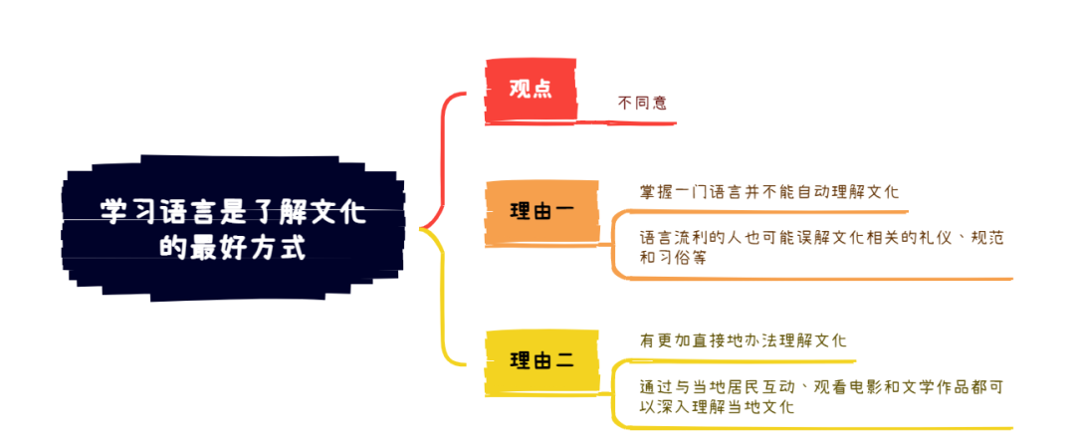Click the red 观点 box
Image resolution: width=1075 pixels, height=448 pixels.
point(531,90)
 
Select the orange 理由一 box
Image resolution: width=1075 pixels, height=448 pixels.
point(540,211)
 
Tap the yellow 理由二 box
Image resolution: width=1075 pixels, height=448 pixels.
point(540,360)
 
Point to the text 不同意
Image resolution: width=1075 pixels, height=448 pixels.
point(642,102)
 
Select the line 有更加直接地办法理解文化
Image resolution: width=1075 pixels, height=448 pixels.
point(743,340)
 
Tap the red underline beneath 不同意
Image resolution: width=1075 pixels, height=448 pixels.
point(637,122)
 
